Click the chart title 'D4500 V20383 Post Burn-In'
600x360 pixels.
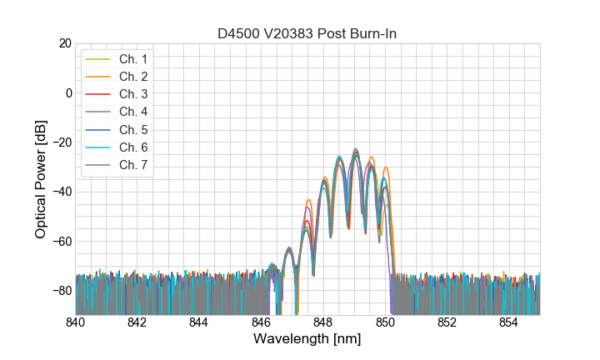pos(307,33)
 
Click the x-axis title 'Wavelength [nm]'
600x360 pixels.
pos(307,340)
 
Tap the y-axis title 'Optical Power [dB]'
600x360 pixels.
pos(41,179)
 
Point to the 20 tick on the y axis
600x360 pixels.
pos(64,43)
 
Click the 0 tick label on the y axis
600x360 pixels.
pos(67,92)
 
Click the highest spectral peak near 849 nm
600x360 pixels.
pos(355,150)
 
